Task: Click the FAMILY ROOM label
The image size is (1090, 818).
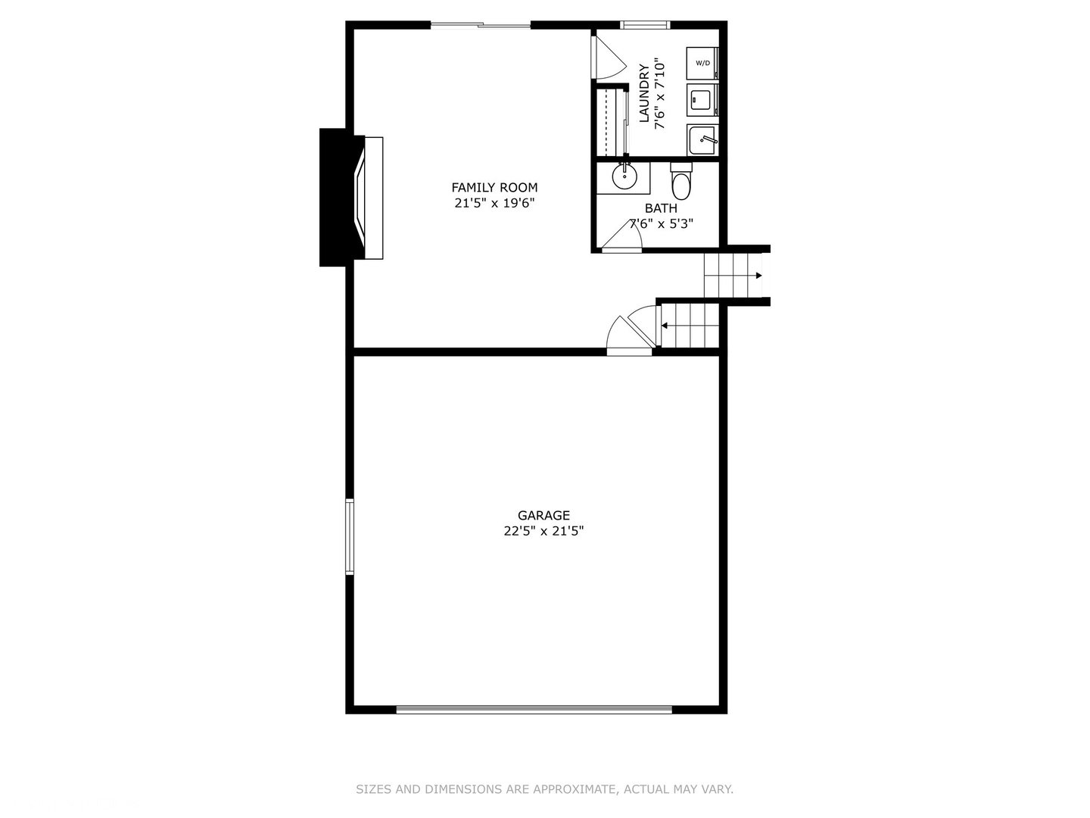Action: tap(494, 187)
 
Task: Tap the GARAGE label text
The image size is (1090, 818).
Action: tap(543, 515)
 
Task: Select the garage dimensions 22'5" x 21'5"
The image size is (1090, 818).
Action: tap(543, 531)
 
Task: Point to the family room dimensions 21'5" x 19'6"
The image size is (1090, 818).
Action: tap(494, 203)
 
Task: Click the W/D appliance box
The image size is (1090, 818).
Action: tap(702, 63)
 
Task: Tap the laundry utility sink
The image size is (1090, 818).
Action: tap(702, 139)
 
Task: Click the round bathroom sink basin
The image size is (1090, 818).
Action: tap(624, 176)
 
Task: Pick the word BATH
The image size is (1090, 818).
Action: tap(661, 208)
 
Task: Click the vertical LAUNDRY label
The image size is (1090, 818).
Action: tap(644, 93)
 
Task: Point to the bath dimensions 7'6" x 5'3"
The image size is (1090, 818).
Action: tap(661, 224)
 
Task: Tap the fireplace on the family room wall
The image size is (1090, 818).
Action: tap(351, 198)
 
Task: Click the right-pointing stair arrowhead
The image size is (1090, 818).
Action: tap(758, 276)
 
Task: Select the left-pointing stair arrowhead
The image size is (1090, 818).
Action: tap(664, 326)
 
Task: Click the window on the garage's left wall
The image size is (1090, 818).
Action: tap(350, 537)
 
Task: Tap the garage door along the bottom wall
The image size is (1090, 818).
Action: tap(534, 710)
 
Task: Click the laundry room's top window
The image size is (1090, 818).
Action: tap(645, 25)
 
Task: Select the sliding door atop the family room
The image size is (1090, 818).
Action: tap(481, 25)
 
